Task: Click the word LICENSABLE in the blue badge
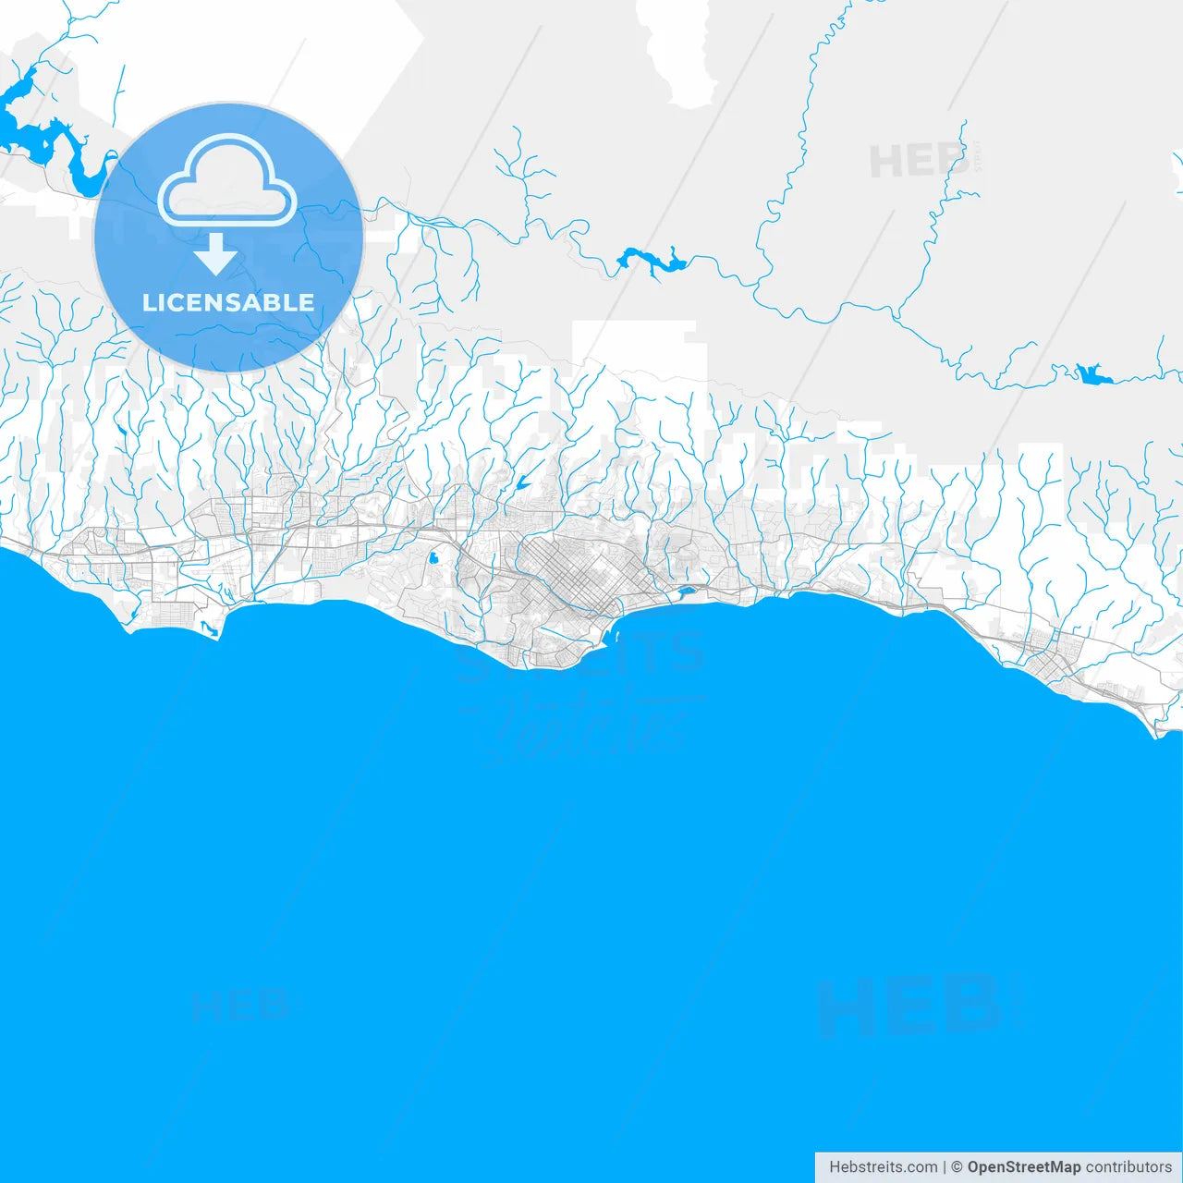pos(228,302)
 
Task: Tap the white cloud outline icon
pos(227,181)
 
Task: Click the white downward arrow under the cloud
pos(216,253)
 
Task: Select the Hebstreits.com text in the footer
pos(883,1167)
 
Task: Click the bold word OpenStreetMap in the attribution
pos(1023,1167)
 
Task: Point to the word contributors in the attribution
pos(1128,1167)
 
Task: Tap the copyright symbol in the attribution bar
pos(957,1167)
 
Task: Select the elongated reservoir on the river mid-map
pos(652,261)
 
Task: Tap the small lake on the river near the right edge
pos(1092,374)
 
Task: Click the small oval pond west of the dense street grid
pos(432,558)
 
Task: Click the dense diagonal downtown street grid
pos(573,573)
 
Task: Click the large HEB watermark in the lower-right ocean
pos(910,1006)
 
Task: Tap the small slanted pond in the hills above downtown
pos(522,482)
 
